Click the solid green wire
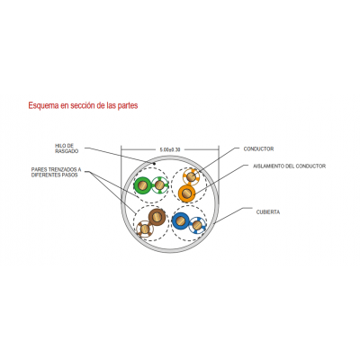[142, 185]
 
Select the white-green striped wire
[159, 185]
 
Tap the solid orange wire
[186, 193]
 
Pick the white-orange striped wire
[192, 176]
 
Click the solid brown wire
[157, 217]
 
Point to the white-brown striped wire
[145, 229]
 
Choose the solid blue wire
[181, 221]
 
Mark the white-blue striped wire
[197, 225]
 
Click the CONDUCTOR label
[258, 148]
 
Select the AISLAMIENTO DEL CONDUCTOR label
[289, 166]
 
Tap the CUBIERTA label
[268, 212]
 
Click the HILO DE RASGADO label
[67, 148]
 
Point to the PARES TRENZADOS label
[56, 173]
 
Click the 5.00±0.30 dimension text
[170, 149]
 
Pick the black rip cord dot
[154, 164]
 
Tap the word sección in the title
[82, 105]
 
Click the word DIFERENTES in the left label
[46, 175]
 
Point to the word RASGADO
[67, 151]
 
